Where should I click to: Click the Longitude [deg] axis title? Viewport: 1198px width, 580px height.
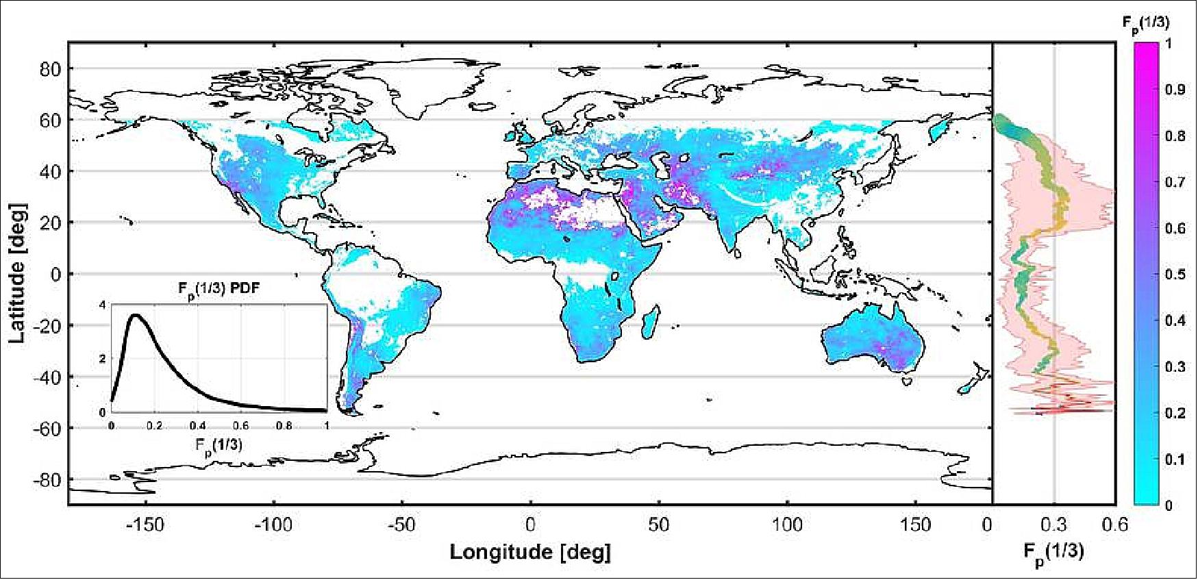pos(529,552)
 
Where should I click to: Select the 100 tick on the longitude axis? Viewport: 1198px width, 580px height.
pos(787,525)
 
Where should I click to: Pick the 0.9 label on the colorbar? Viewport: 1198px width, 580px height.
pos(1175,90)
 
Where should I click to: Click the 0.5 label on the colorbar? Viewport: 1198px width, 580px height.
pos(1175,275)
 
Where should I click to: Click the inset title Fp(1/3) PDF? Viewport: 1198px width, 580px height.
pos(219,288)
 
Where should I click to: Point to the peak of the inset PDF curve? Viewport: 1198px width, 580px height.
pos(136,316)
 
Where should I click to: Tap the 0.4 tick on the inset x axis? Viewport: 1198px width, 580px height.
pos(197,425)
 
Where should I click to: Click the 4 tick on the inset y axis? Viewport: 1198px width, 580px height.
pos(103,305)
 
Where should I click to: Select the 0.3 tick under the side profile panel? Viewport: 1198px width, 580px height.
pos(1053,525)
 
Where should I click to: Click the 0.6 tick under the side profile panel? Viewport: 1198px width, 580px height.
pos(1114,525)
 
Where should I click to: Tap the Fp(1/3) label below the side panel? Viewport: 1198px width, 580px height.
pos(1053,552)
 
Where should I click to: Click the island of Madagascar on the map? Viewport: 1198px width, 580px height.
pos(653,323)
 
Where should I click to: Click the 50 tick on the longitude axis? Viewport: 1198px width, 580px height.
pos(658,525)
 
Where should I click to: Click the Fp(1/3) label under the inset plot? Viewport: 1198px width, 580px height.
pos(219,445)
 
